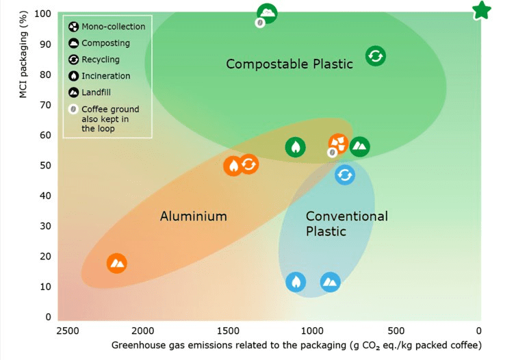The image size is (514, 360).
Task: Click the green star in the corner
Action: (x=482, y=10)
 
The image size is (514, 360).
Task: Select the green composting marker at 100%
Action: (x=267, y=13)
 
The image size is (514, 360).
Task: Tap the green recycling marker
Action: (x=376, y=56)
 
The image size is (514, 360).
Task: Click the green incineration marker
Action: (x=296, y=147)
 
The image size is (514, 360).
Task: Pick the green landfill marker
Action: (x=359, y=146)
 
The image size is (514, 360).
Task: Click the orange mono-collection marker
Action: (x=339, y=143)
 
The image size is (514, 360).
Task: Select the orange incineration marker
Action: (x=233, y=166)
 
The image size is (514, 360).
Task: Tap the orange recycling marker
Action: (x=249, y=164)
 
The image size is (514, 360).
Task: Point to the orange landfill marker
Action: (x=117, y=263)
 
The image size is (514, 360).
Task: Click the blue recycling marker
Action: (x=345, y=175)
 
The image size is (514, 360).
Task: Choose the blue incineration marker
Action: (x=296, y=282)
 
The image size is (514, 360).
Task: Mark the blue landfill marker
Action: (x=330, y=282)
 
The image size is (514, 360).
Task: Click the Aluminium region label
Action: (x=194, y=216)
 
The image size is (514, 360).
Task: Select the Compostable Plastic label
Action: (x=290, y=64)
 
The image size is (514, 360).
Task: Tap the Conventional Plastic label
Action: (x=347, y=224)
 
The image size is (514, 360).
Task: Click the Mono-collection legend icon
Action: (x=73, y=27)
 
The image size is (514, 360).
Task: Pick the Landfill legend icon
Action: (x=73, y=92)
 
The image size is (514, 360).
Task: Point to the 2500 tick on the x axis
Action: (x=68, y=331)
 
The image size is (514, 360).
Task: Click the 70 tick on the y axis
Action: (x=46, y=105)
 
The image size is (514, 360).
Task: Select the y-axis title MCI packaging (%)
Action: (x=23, y=55)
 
